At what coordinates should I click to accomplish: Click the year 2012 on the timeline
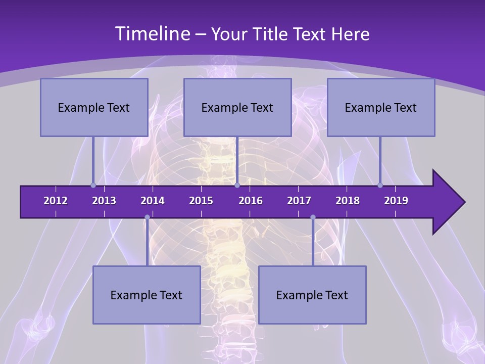(56, 201)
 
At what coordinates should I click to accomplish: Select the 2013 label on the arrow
(104, 201)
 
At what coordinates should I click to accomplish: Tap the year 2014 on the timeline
(153, 201)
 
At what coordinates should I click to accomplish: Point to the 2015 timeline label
(201, 201)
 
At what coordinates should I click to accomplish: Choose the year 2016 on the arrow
(251, 201)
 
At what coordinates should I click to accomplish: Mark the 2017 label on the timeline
(299, 201)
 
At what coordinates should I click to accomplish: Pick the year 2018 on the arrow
(348, 201)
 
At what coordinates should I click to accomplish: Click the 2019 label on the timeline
(396, 201)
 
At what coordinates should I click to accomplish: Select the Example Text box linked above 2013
(94, 107)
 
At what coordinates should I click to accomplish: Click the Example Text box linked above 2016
(237, 107)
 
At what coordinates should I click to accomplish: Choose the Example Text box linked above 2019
(381, 107)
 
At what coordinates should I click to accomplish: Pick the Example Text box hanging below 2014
(147, 295)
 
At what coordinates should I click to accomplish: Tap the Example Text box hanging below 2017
(312, 295)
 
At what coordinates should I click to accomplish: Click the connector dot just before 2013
(93, 185)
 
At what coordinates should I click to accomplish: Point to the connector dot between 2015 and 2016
(237, 185)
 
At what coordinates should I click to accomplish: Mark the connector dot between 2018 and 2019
(380, 185)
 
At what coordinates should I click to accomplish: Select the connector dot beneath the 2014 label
(147, 217)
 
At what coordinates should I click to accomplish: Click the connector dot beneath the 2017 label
(313, 217)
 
